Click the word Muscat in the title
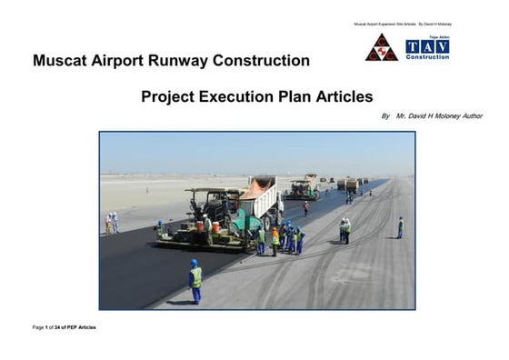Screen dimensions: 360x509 [x=62, y=62]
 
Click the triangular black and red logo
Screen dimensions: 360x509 [x=381, y=48]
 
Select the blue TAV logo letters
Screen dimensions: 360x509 [x=427, y=45]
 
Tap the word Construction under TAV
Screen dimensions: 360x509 [x=427, y=56]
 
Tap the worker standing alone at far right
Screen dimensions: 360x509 [x=400, y=226]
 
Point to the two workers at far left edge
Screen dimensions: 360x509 [x=112, y=223]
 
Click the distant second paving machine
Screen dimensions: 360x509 [x=304, y=188]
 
